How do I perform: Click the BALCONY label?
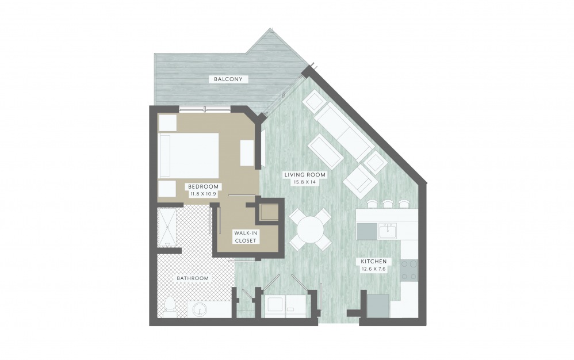point(228,79)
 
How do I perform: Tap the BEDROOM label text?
point(203,186)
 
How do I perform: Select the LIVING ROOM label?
point(305,175)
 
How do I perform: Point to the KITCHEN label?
point(373,261)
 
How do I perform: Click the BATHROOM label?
point(193,278)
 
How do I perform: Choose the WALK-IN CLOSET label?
point(246,236)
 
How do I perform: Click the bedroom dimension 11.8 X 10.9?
point(203,194)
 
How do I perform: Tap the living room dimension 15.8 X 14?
point(305,182)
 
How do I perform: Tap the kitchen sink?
point(388,231)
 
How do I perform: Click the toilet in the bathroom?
point(169,307)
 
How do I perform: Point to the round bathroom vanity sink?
point(199,310)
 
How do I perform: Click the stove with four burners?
point(410,270)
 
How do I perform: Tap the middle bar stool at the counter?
point(388,204)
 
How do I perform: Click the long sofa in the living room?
point(344,132)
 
